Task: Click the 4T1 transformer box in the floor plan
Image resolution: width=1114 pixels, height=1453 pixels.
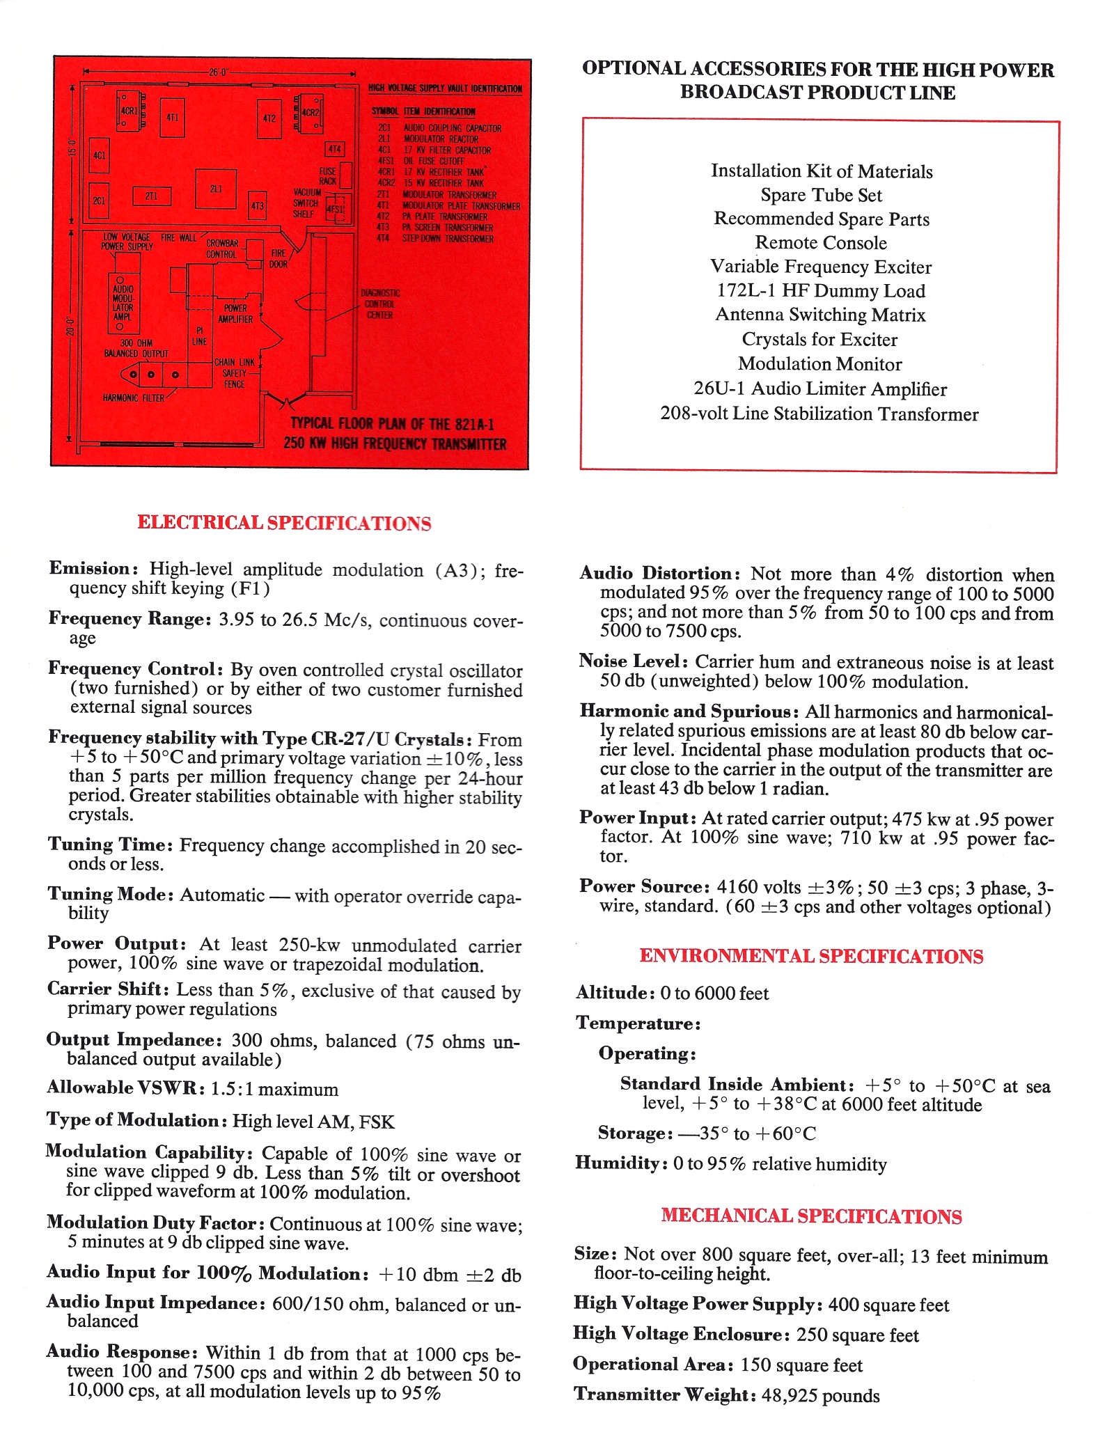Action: [172, 118]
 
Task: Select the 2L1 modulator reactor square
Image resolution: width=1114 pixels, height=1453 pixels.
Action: [216, 189]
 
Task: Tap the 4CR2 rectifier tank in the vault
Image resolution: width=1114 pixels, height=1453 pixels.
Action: [309, 113]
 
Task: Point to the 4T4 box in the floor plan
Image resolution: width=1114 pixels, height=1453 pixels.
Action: [335, 149]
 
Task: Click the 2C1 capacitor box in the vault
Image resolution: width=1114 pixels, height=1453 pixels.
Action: [99, 201]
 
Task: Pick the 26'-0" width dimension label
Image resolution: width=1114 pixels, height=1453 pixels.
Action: [219, 72]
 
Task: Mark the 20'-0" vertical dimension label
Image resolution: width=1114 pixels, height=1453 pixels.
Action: [70, 326]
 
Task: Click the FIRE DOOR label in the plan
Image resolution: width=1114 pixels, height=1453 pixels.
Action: [278, 259]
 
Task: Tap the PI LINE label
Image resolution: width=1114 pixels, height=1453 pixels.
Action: [199, 336]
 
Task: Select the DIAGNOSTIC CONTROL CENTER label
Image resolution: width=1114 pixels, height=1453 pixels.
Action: [379, 304]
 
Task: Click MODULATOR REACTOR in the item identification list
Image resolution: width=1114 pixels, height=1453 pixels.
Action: [441, 139]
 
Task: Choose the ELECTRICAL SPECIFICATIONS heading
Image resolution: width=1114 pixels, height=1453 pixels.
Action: [284, 523]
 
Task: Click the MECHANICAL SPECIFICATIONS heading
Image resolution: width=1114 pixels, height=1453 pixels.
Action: [811, 1216]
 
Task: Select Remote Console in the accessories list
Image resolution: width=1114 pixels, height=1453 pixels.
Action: [821, 243]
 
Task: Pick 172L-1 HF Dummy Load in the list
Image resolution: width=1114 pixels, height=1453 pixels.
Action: [821, 291]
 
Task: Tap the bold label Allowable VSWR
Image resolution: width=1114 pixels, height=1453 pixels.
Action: [126, 1088]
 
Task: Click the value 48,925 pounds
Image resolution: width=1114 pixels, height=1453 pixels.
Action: [820, 1396]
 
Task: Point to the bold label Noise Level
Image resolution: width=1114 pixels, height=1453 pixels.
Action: [633, 661]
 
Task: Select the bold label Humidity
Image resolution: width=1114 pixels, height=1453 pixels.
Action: [620, 1163]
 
